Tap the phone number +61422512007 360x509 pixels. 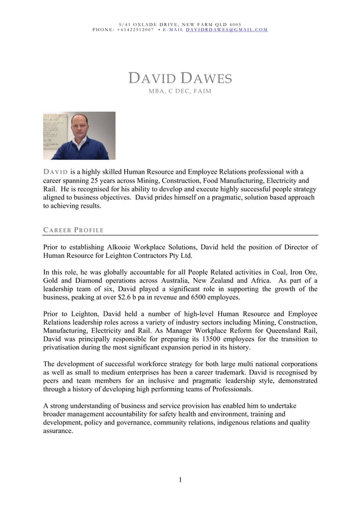pyautogui.click(x=135, y=29)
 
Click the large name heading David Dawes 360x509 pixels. pyautogui.click(x=180, y=78)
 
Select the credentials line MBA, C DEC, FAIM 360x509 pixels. pyautogui.click(x=179, y=91)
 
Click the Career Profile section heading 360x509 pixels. pyautogui.click(x=73, y=230)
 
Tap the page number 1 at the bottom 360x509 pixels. pyautogui.click(x=180, y=480)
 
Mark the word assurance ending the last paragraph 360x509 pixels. pyautogui.click(x=58, y=431)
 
